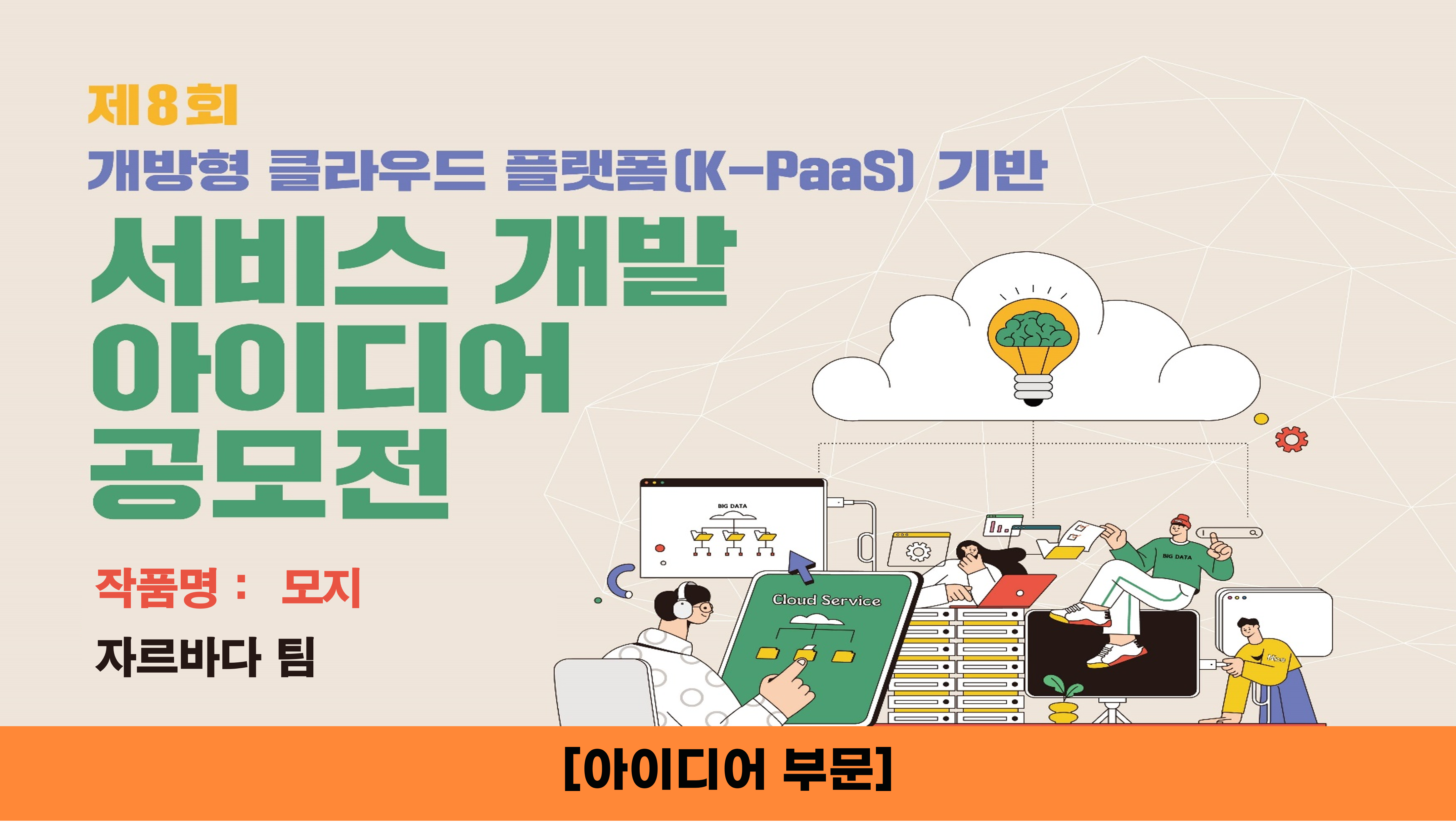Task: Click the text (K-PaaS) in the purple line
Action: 795,170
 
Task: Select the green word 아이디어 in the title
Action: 331,367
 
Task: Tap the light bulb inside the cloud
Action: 1033,350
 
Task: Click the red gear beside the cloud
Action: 1291,439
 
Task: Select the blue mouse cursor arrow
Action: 802,566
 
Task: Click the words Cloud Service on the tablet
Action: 826,600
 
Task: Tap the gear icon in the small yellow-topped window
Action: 918,552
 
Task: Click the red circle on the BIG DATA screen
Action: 660,548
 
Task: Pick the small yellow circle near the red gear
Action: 1261,419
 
